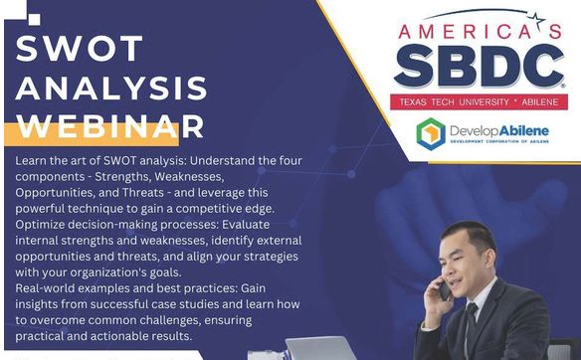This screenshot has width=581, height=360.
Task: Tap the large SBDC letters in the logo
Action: tap(479, 66)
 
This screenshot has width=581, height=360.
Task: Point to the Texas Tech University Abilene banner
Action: tap(479, 101)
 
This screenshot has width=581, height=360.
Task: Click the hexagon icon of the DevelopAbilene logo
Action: tap(431, 133)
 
